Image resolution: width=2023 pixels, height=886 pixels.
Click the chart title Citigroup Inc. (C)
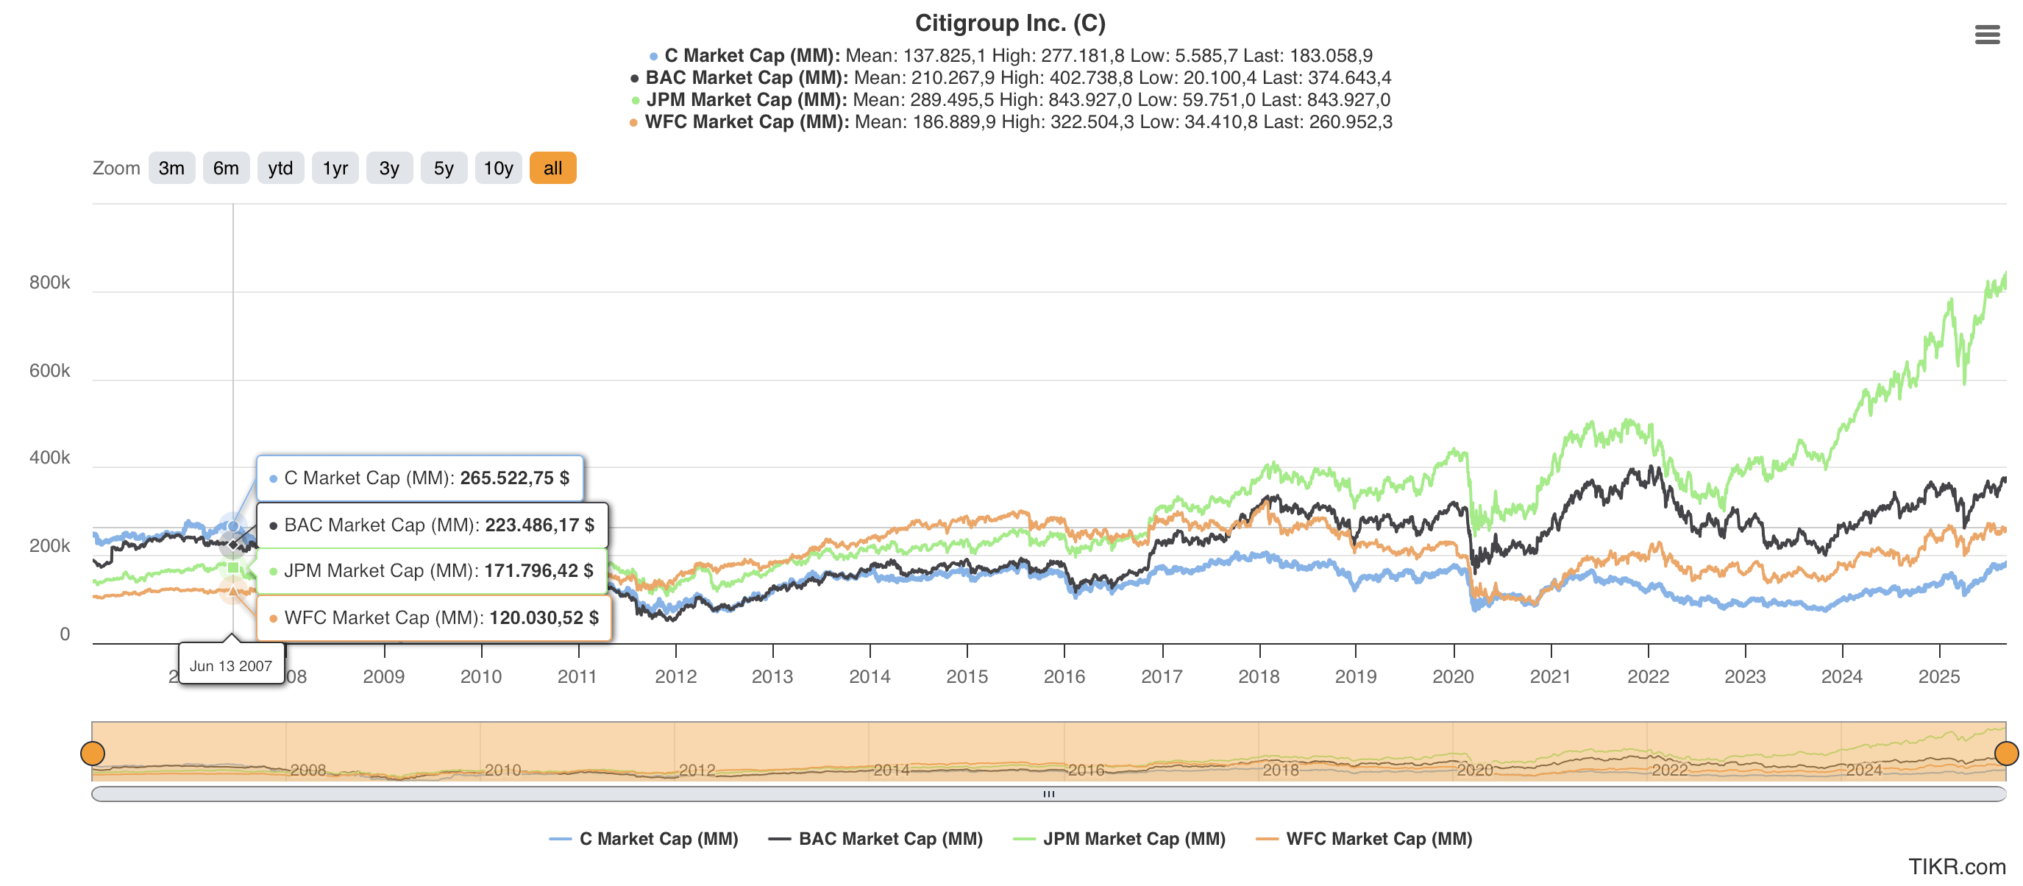pyautogui.click(x=1010, y=23)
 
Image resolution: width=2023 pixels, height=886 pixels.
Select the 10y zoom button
pyautogui.click(x=498, y=168)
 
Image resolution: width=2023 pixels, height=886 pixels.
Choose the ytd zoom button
pyautogui.click(x=280, y=168)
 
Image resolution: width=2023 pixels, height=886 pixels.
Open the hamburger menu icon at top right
pyautogui.click(x=1987, y=35)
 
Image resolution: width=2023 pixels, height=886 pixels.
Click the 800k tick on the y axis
pyautogui.click(x=49, y=283)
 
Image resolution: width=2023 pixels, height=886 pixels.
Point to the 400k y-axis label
pyautogui.click(x=49, y=458)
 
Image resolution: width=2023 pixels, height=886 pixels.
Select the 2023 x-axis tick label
pyautogui.click(x=1744, y=676)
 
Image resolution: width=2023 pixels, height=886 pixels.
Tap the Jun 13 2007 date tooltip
pyautogui.click(x=231, y=666)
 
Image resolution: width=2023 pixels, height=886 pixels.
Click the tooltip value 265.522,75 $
pyautogui.click(x=514, y=478)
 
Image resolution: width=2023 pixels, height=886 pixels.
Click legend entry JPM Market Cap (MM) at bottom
pyautogui.click(x=1133, y=839)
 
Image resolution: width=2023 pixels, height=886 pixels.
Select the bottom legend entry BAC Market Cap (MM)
pyautogui.click(x=890, y=839)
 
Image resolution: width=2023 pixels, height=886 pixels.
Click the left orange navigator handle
pyautogui.click(x=93, y=754)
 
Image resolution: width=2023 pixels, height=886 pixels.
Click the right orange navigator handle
pyautogui.click(x=2006, y=754)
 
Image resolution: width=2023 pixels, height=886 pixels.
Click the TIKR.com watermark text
pyautogui.click(x=1956, y=866)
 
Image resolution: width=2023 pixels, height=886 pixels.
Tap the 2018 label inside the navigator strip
pyautogui.click(x=1280, y=770)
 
